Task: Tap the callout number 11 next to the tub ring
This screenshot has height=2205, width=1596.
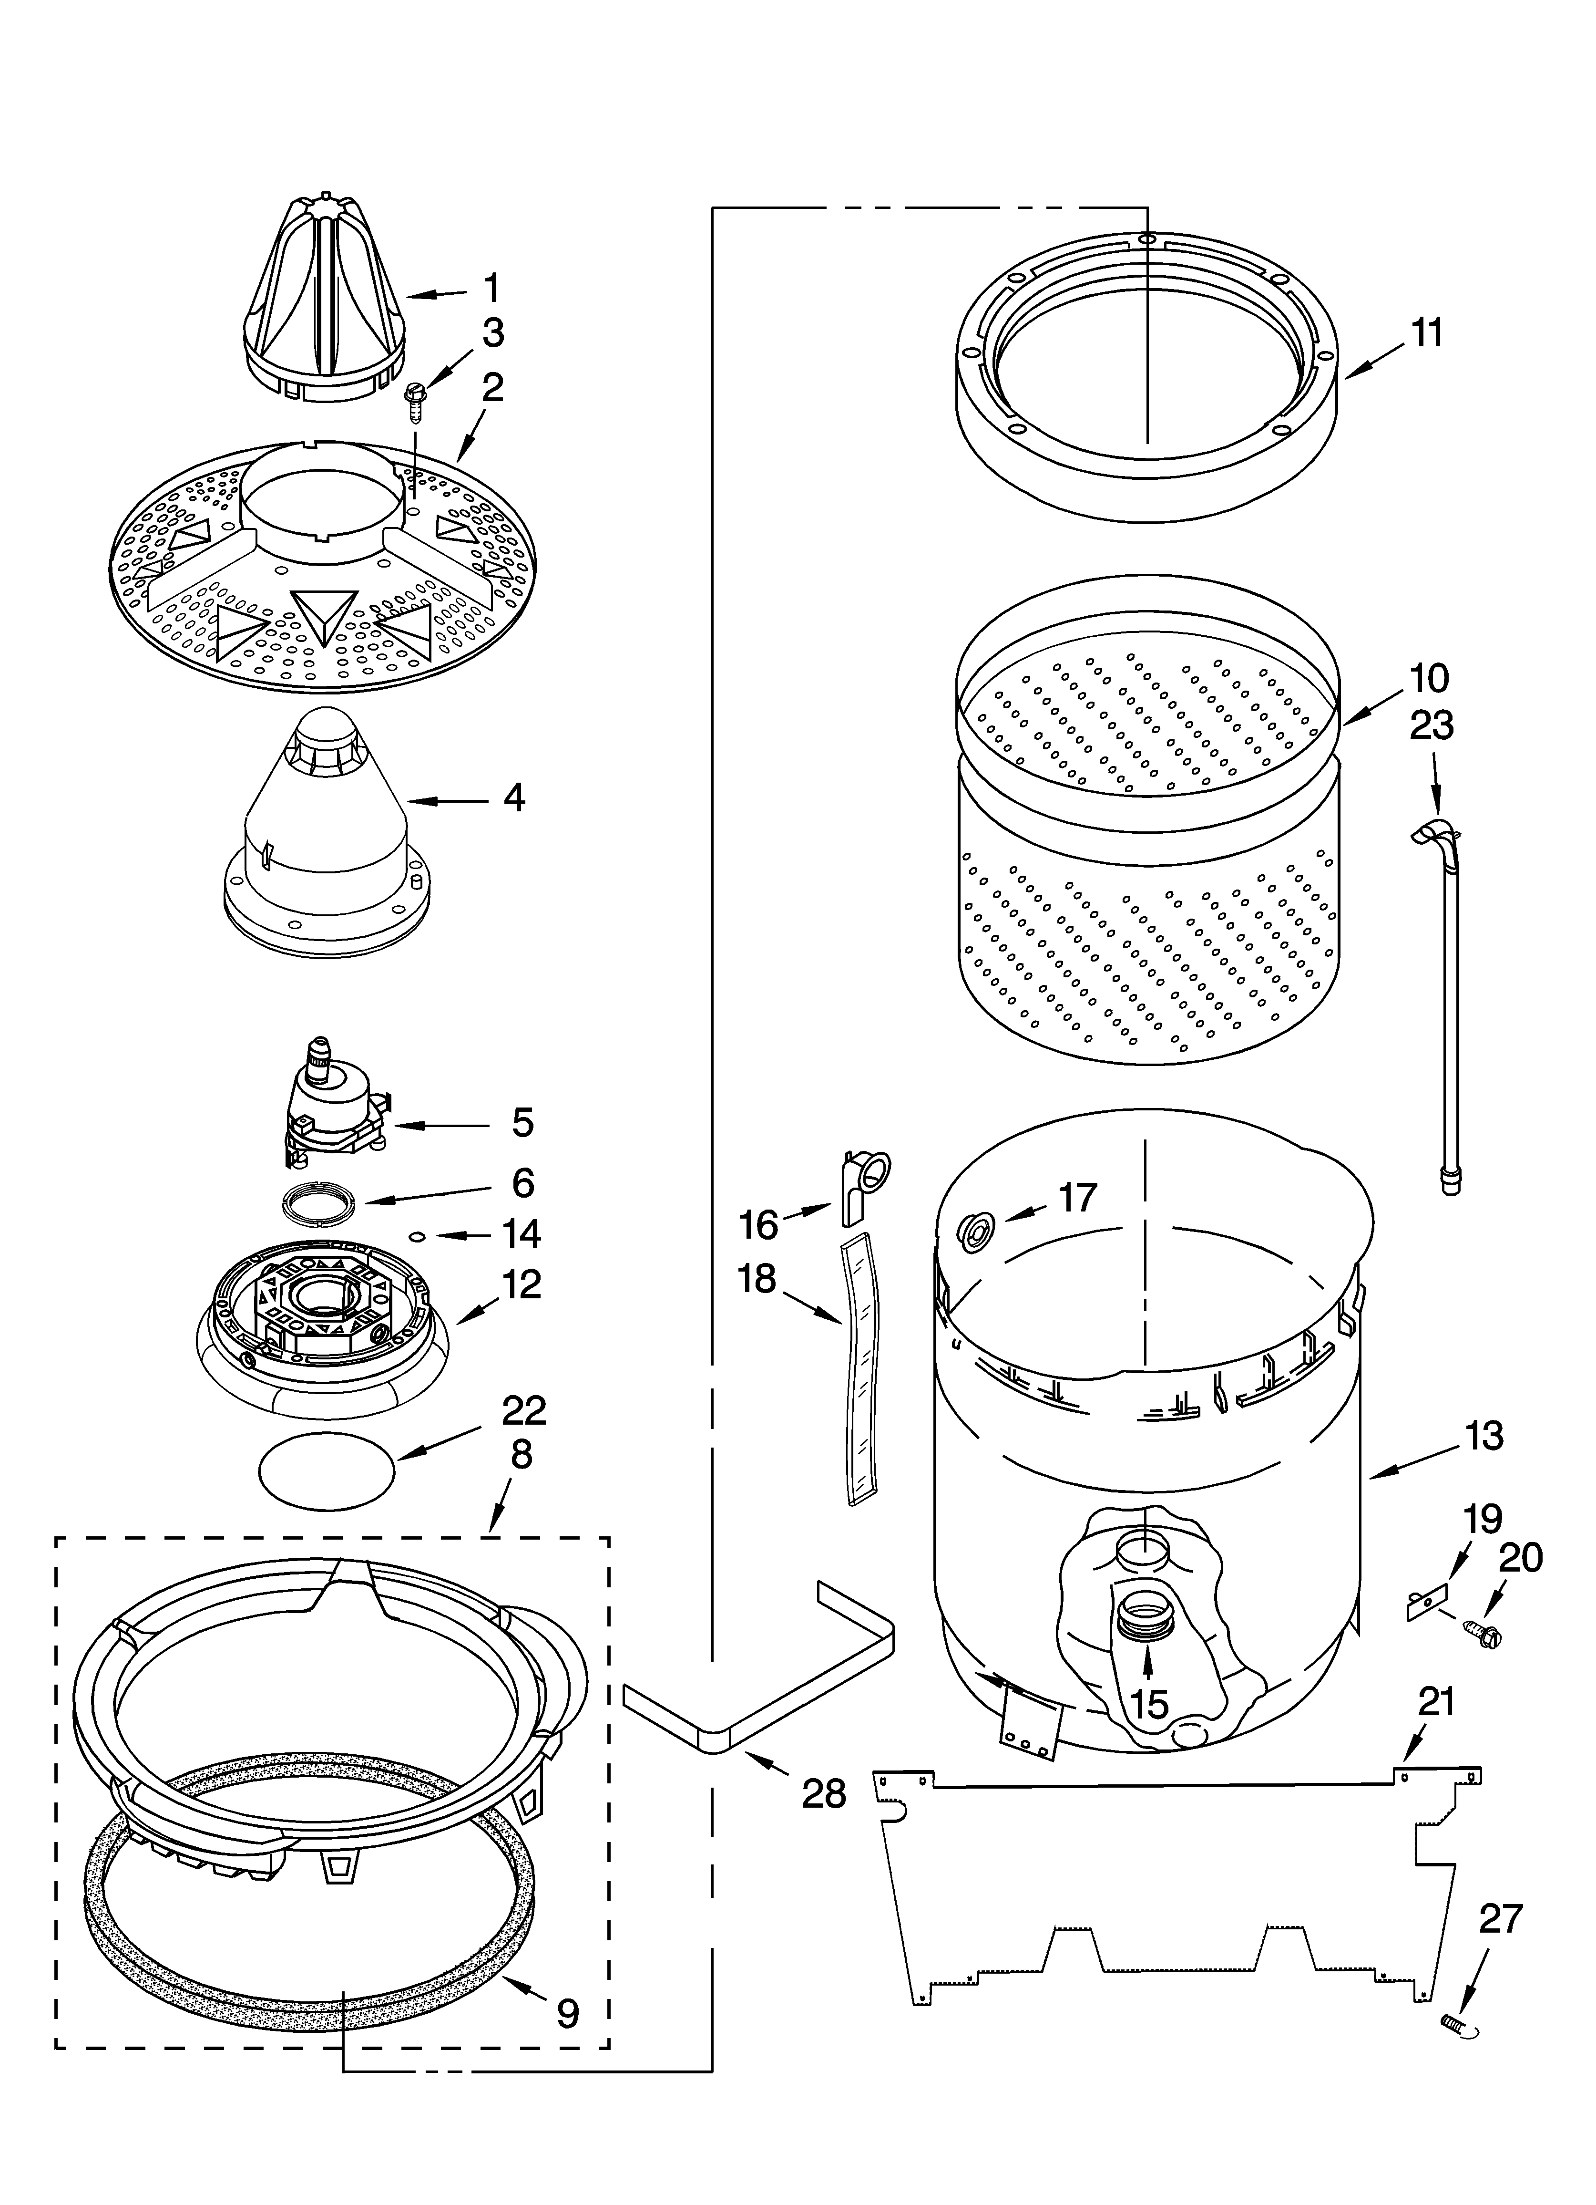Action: pos(1427,333)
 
